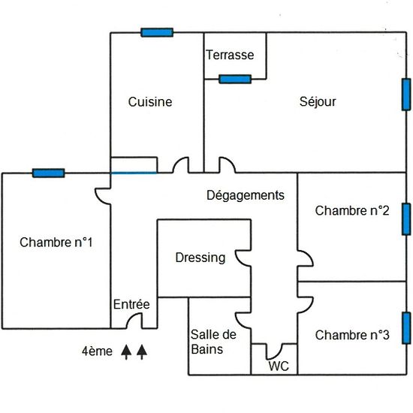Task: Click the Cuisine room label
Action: [150, 102]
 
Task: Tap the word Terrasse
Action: [230, 55]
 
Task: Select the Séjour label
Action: [318, 101]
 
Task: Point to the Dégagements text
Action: [246, 195]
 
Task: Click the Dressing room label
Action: [200, 258]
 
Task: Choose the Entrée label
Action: [131, 304]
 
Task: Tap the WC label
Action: [279, 366]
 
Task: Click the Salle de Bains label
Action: [213, 342]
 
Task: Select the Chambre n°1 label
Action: [56, 243]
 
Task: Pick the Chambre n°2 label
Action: [352, 211]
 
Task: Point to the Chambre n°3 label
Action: [352, 335]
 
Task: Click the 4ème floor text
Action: [97, 351]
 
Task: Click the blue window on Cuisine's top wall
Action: [157, 32]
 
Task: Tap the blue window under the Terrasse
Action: [235, 79]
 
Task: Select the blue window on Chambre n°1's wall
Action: [49, 173]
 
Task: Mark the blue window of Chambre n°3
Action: [406, 328]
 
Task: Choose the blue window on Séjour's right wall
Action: [406, 95]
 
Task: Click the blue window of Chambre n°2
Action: [406, 219]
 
